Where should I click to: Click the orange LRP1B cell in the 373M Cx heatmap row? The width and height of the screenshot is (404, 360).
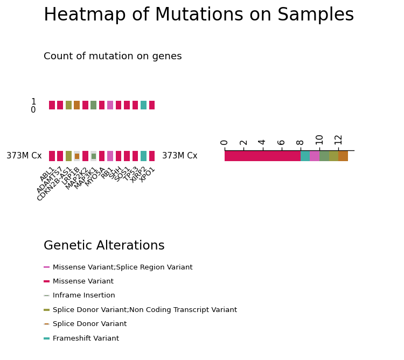click(77, 156)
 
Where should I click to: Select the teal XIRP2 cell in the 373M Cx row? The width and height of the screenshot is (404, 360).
click(143, 156)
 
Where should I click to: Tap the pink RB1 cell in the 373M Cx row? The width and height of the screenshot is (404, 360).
click(110, 156)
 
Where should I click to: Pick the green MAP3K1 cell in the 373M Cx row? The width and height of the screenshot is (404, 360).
click(94, 156)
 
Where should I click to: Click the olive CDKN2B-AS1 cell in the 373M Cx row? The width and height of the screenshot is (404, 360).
click(68, 156)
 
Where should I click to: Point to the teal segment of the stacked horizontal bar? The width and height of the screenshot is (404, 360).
click(305, 156)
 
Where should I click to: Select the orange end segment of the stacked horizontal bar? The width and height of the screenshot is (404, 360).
click(343, 156)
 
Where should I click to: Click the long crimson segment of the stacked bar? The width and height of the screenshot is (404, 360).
click(262, 156)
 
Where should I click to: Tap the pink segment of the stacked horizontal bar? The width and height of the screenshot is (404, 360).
click(315, 156)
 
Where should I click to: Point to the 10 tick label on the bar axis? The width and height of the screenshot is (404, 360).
click(319, 140)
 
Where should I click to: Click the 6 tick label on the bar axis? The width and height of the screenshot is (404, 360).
click(281, 142)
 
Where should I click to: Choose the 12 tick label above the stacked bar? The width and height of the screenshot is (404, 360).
click(338, 140)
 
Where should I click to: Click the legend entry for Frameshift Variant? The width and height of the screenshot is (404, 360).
click(81, 338)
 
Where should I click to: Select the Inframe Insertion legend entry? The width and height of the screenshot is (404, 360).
click(79, 295)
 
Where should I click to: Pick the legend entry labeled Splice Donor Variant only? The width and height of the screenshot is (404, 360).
click(85, 324)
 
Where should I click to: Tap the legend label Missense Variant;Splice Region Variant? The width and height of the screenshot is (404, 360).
click(123, 267)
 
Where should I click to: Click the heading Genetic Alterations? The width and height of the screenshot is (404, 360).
click(104, 245)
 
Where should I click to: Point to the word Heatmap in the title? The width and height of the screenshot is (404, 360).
click(85, 15)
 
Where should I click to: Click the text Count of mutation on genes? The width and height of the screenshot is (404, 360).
click(113, 56)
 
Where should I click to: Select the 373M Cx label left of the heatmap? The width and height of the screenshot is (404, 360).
click(24, 156)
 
